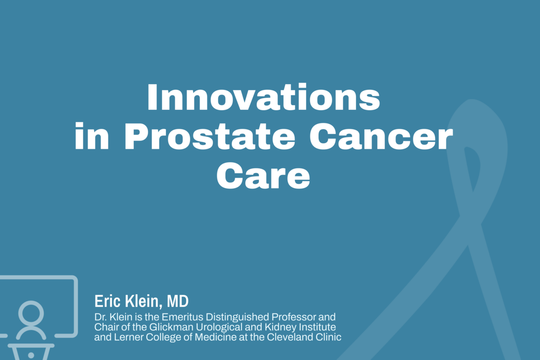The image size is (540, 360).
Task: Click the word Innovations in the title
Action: click(264, 98)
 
